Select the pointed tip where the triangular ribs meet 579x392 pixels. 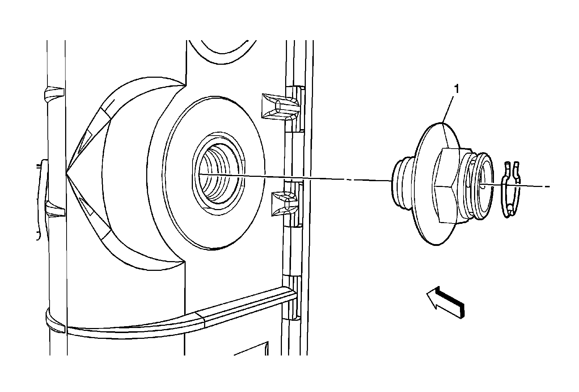68,175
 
